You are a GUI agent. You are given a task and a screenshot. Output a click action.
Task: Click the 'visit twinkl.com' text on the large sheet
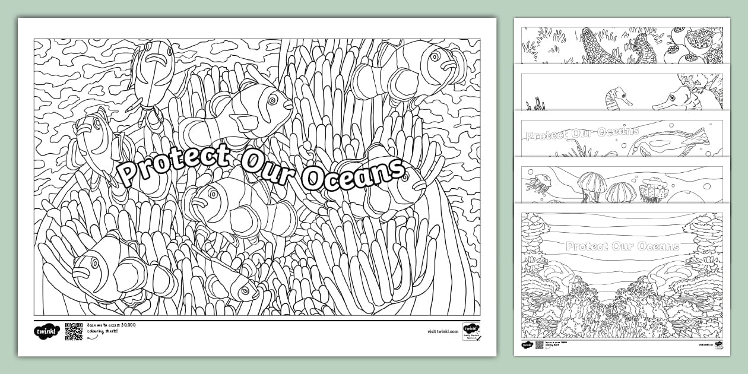pos(442,332)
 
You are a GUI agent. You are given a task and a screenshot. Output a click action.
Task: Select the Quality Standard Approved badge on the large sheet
pos(471,332)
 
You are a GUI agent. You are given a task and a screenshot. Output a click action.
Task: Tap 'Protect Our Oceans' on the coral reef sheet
pos(622,246)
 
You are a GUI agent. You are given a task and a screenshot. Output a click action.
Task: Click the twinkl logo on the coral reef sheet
pos(527,345)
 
